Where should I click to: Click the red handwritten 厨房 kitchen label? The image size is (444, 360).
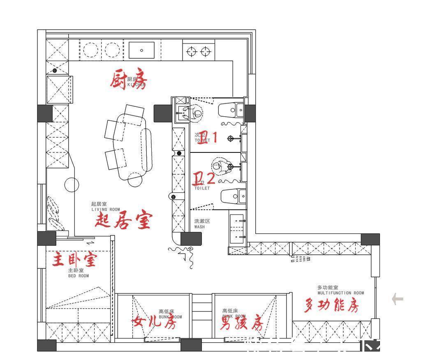point(128,80)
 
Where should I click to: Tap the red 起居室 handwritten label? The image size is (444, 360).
point(123,221)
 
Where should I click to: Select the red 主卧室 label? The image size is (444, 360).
point(74,259)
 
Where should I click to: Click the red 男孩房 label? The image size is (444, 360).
point(242,323)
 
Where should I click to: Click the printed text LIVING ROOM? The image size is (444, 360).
point(106,210)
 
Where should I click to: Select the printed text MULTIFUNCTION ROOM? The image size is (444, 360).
point(340,293)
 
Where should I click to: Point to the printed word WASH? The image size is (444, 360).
point(199,226)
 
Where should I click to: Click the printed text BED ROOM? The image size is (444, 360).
point(78,276)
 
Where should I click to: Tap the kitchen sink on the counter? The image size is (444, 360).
point(141,50)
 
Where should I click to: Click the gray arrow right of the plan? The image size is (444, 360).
point(397,299)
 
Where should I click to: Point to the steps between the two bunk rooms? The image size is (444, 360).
point(201,308)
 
